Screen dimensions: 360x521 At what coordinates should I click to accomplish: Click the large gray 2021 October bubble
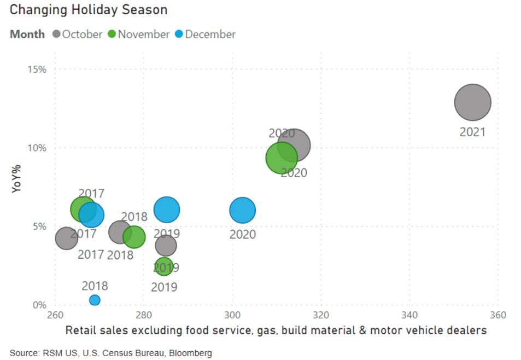click(472, 102)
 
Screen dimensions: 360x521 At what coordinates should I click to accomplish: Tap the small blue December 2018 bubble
click(95, 300)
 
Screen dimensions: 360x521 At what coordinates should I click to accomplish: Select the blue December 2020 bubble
click(242, 211)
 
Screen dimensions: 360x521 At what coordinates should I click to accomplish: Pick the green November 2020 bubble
click(282, 158)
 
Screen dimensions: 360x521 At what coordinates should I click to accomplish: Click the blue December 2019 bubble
click(167, 209)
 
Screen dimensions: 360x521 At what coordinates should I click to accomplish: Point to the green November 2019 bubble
click(163, 266)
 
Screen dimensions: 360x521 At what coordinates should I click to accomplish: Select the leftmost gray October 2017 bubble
click(66, 238)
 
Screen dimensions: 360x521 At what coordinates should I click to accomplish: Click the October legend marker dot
click(56, 34)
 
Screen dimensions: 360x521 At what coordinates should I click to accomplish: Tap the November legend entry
click(139, 34)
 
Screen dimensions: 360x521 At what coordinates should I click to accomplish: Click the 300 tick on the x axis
click(232, 315)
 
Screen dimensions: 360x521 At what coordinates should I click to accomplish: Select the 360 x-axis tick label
click(497, 315)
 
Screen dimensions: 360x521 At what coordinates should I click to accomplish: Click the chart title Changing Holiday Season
click(89, 10)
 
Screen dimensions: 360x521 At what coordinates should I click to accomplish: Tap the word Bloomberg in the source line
click(191, 353)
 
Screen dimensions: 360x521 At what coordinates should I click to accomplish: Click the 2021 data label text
click(472, 132)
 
